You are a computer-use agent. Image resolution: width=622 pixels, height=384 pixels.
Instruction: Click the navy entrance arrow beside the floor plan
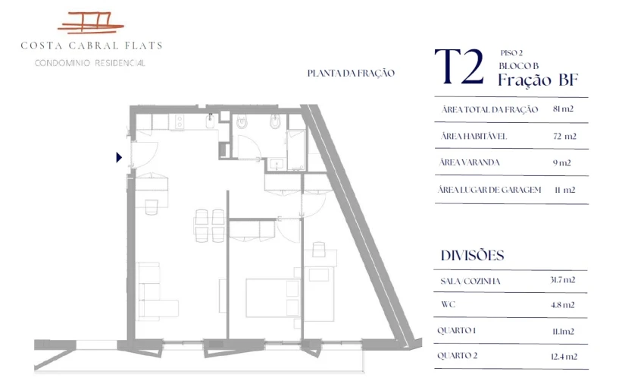click(x=119, y=158)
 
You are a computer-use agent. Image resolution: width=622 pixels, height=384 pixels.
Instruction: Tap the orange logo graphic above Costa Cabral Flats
click(x=91, y=24)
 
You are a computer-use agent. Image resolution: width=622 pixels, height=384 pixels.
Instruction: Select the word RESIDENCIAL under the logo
click(x=120, y=63)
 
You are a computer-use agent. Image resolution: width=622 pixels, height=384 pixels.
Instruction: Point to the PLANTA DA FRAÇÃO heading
click(x=351, y=74)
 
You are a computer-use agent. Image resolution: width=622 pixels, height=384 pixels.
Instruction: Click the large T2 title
click(x=459, y=68)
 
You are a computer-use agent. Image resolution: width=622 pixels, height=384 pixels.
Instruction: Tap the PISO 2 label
click(x=512, y=53)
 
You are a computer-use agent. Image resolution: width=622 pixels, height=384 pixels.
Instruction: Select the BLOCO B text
click(x=519, y=65)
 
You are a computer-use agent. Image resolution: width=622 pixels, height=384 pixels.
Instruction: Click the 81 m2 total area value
click(x=563, y=110)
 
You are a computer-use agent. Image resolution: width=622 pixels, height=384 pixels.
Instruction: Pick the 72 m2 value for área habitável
click(x=564, y=137)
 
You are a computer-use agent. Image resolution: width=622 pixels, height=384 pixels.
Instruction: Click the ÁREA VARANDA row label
click(x=469, y=162)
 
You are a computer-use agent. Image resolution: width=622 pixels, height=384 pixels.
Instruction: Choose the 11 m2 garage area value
click(x=564, y=190)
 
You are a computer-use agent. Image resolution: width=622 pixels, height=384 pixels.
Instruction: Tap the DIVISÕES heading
click(x=472, y=256)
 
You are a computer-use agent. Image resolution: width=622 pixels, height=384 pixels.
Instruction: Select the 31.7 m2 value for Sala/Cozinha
click(x=563, y=280)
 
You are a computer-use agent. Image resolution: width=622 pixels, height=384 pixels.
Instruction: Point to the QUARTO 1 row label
click(x=457, y=331)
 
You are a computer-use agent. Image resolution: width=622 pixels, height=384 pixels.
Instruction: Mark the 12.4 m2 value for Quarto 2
click(x=564, y=356)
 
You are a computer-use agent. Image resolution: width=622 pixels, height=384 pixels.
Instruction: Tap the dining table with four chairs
click(x=209, y=222)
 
